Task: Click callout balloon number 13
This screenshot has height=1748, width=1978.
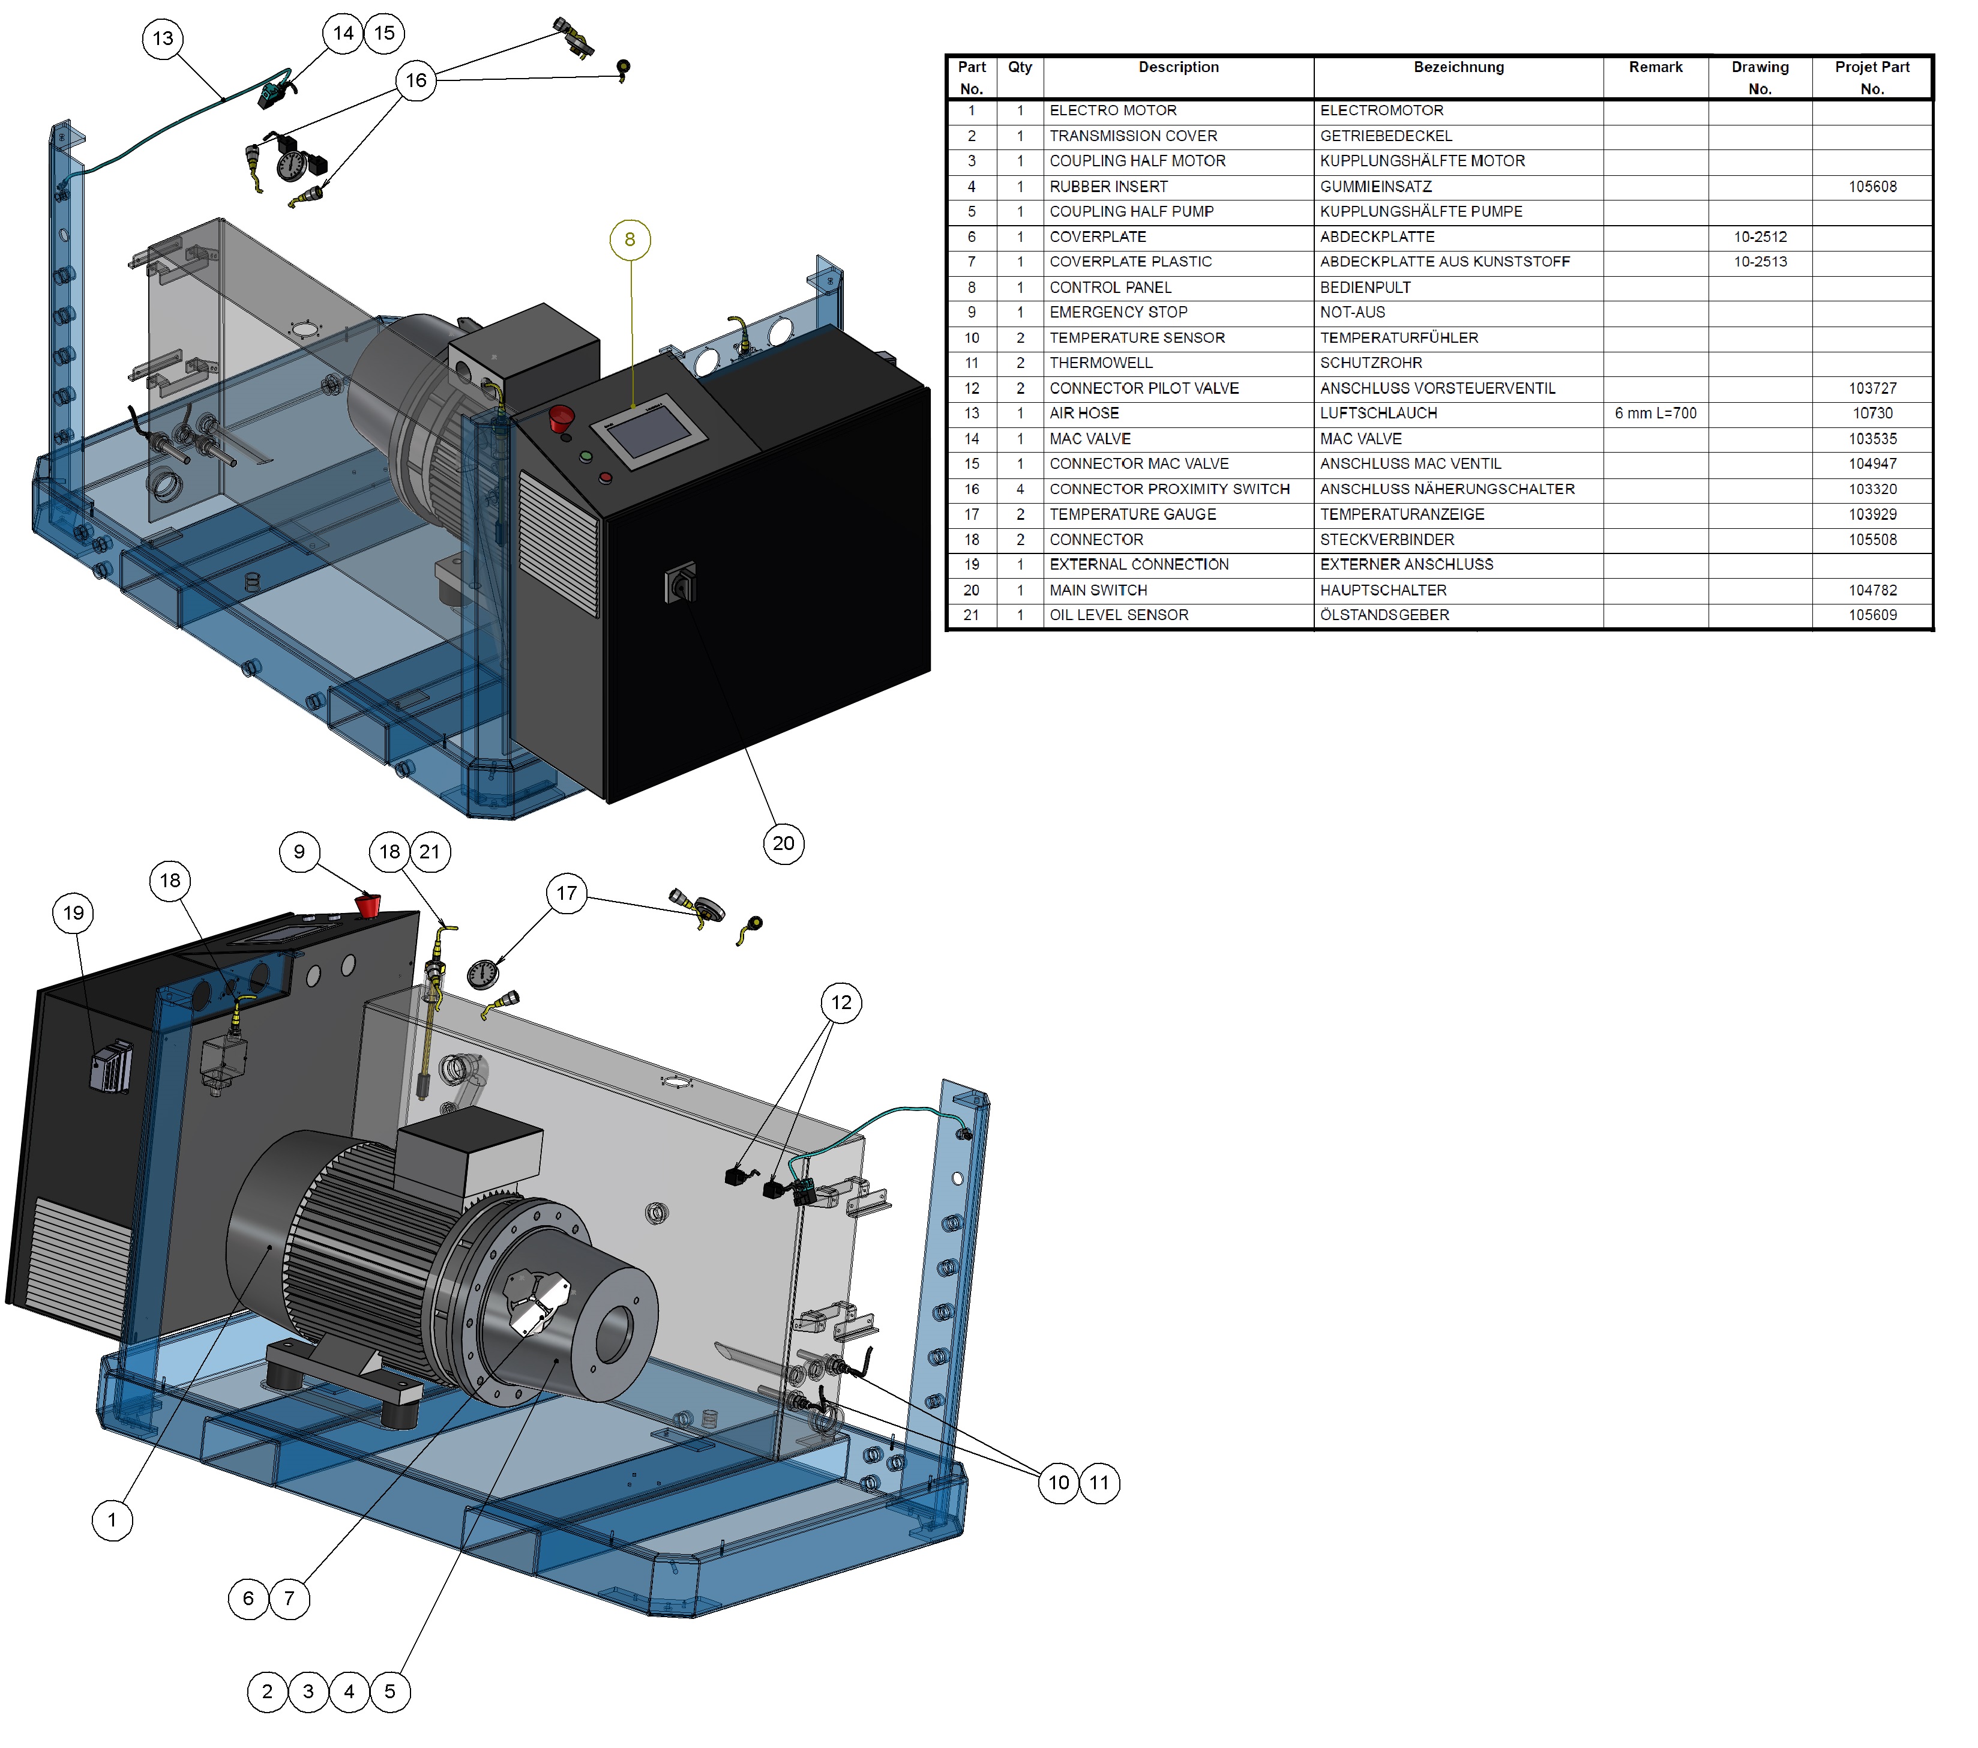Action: (163, 38)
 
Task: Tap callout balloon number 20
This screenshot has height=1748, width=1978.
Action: (784, 843)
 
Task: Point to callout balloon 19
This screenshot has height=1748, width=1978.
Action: (74, 912)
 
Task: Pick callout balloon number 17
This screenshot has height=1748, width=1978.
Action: (567, 893)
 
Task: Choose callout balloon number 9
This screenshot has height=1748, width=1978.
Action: (299, 852)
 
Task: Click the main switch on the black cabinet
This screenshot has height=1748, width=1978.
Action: (681, 583)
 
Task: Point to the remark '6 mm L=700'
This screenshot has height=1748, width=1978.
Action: (1655, 413)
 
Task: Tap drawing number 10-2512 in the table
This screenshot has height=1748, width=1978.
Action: (1760, 237)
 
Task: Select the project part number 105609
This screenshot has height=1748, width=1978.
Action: (1872, 615)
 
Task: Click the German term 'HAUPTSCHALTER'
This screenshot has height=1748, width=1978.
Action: (1383, 591)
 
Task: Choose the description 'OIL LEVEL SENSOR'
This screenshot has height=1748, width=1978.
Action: (1119, 615)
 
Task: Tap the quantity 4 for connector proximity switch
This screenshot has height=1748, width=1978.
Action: (1020, 490)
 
